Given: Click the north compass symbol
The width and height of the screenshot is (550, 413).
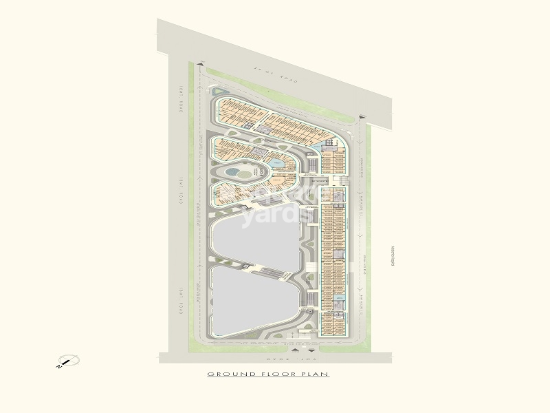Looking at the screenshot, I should click(69, 361).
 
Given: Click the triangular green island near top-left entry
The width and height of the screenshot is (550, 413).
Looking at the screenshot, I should click(219, 92).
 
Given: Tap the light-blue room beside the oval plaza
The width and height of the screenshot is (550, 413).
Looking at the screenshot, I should click(277, 163).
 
